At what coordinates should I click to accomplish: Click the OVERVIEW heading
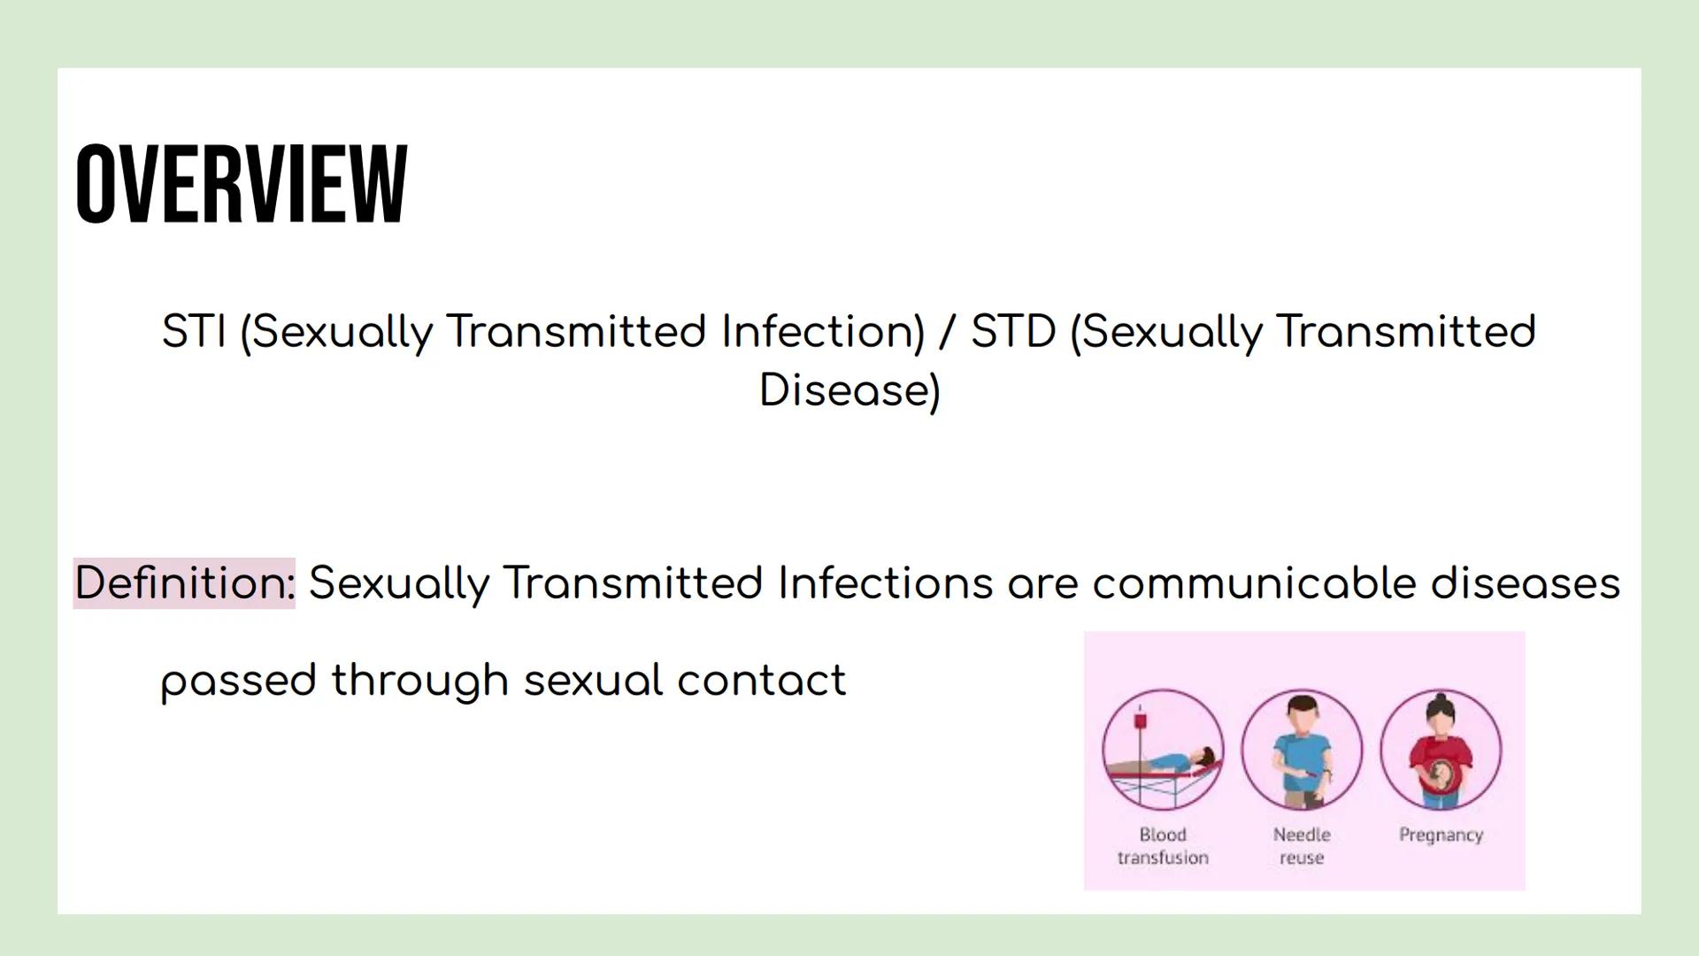pos(241,184)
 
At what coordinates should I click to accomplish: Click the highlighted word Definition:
pos(184,583)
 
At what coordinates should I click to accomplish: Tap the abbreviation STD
pos(1013,332)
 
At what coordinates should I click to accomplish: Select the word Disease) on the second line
pos(849,390)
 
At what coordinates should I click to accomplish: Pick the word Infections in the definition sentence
pos(885,583)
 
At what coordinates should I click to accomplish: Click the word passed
pos(238,681)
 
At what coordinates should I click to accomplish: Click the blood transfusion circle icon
pos(1163,750)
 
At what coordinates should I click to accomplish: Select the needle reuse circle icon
pos(1302,750)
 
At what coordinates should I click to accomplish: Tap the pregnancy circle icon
pos(1441,750)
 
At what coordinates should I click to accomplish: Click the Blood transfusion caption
pos(1163,846)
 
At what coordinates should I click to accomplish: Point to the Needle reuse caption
pos(1302,846)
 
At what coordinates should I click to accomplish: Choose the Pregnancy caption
pos(1441,835)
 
